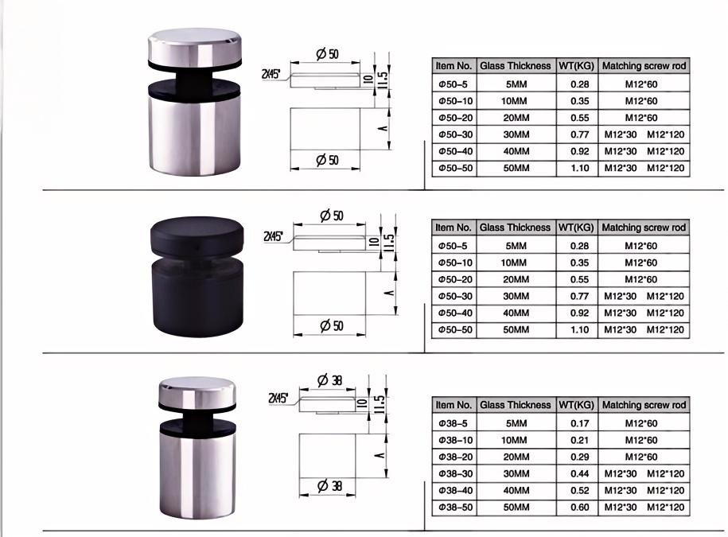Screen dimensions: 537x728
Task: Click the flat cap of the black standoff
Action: tap(196, 232)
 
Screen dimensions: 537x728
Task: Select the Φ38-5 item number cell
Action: tap(454, 423)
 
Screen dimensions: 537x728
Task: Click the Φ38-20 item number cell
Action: tap(454, 457)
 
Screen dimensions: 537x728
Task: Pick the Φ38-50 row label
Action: tap(454, 508)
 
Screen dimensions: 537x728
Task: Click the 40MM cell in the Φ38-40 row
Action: tap(515, 491)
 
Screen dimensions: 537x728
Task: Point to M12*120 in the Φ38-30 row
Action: tap(665, 473)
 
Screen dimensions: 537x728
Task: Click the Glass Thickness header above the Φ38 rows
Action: tap(515, 405)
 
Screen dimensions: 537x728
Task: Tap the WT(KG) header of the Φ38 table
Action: tap(577, 405)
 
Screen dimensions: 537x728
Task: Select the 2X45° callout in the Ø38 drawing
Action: tap(278, 397)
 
